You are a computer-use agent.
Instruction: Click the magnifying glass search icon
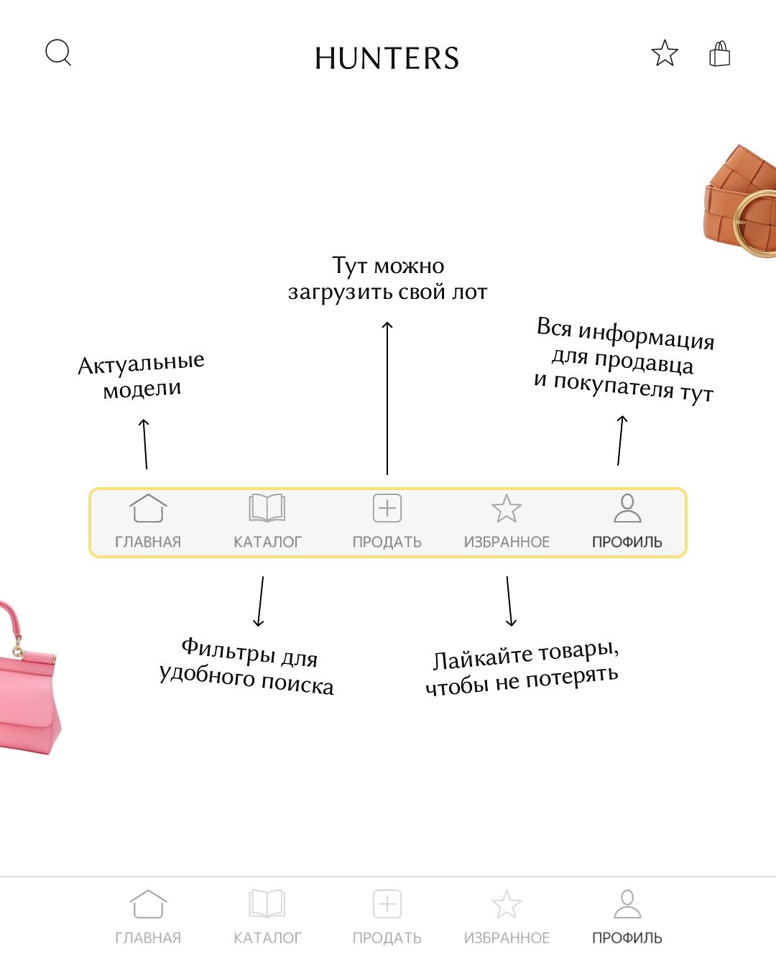57,52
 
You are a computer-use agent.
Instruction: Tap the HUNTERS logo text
387,58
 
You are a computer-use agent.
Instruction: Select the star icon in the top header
665,53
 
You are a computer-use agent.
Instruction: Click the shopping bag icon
719,54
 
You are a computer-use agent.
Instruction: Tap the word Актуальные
141,364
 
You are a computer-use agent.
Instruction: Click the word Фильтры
228,650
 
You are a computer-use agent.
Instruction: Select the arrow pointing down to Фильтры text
261,601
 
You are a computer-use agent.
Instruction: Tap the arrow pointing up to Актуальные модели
145,443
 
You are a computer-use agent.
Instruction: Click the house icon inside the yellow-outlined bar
148,508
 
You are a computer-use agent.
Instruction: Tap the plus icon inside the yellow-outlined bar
387,508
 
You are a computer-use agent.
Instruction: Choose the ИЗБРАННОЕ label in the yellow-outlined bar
507,542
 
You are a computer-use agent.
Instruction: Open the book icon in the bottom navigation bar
267,904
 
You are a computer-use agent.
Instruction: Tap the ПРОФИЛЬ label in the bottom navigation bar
627,938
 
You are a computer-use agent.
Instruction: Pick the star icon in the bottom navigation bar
507,904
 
